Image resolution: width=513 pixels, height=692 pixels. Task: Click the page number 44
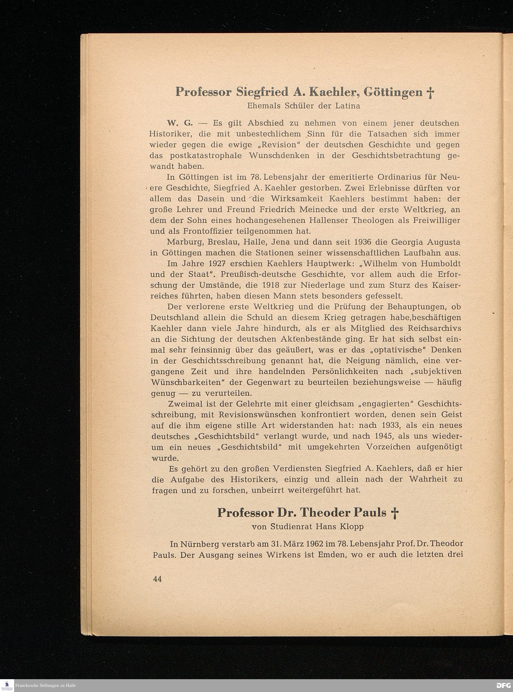(157, 579)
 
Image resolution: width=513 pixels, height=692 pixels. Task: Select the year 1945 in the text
(386, 436)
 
